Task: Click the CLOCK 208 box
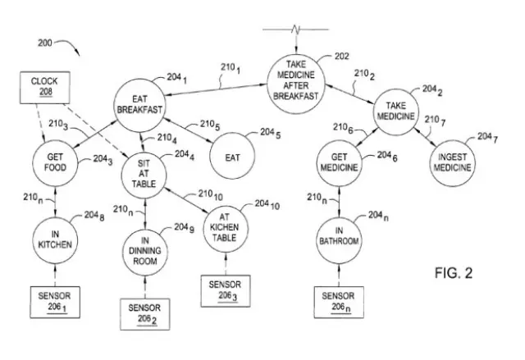(x=44, y=89)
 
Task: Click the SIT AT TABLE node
(x=144, y=167)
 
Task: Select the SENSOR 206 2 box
(x=144, y=312)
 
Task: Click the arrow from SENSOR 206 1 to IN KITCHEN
(x=55, y=276)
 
